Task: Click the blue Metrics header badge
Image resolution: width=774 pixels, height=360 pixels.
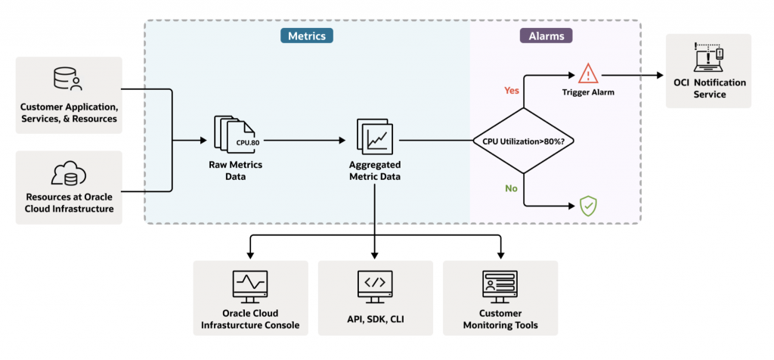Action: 306,36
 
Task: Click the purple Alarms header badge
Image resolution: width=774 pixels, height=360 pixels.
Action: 546,36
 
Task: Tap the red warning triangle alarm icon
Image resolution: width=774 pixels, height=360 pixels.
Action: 588,74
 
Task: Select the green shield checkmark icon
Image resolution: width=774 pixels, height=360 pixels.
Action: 588,206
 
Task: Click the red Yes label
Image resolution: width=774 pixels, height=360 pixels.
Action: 512,91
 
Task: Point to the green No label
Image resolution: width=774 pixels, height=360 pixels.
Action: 512,188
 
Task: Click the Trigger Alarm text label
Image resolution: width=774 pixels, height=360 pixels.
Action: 588,94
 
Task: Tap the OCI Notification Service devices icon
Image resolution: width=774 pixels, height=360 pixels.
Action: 709,59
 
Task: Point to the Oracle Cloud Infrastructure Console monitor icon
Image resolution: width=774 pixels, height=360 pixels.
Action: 249,286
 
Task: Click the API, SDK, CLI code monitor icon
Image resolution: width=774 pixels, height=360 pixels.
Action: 375,286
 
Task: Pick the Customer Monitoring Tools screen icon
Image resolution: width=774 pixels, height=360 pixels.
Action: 500,286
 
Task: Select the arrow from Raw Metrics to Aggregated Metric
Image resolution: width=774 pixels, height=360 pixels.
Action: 302,141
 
